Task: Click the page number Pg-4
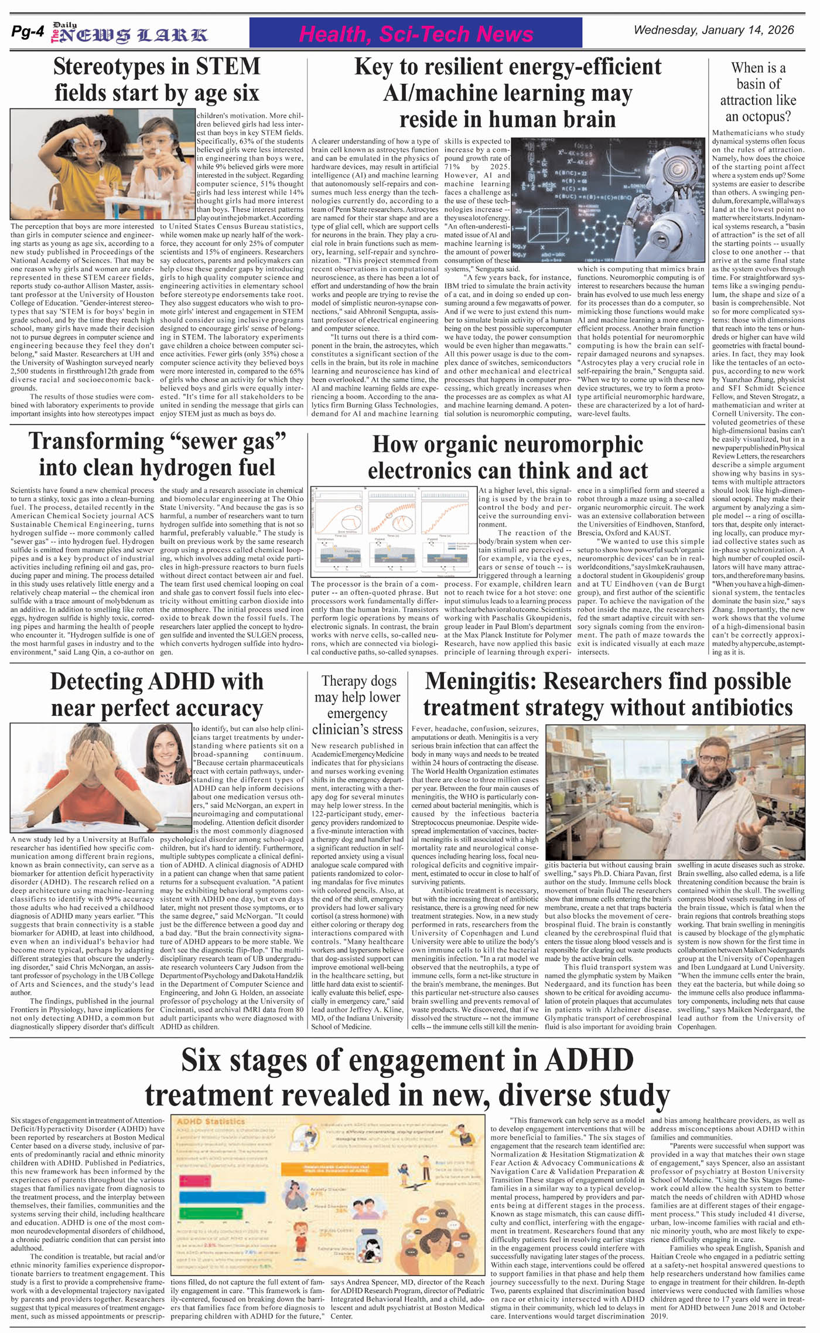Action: [27, 33]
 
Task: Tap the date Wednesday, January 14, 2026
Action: [713, 30]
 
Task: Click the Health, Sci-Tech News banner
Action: [416, 33]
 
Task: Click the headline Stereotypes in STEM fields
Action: [156, 80]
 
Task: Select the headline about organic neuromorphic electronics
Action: [507, 457]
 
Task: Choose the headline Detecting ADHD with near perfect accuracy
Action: [156, 694]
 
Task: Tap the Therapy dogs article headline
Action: [357, 705]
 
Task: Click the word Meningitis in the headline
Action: [479, 682]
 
